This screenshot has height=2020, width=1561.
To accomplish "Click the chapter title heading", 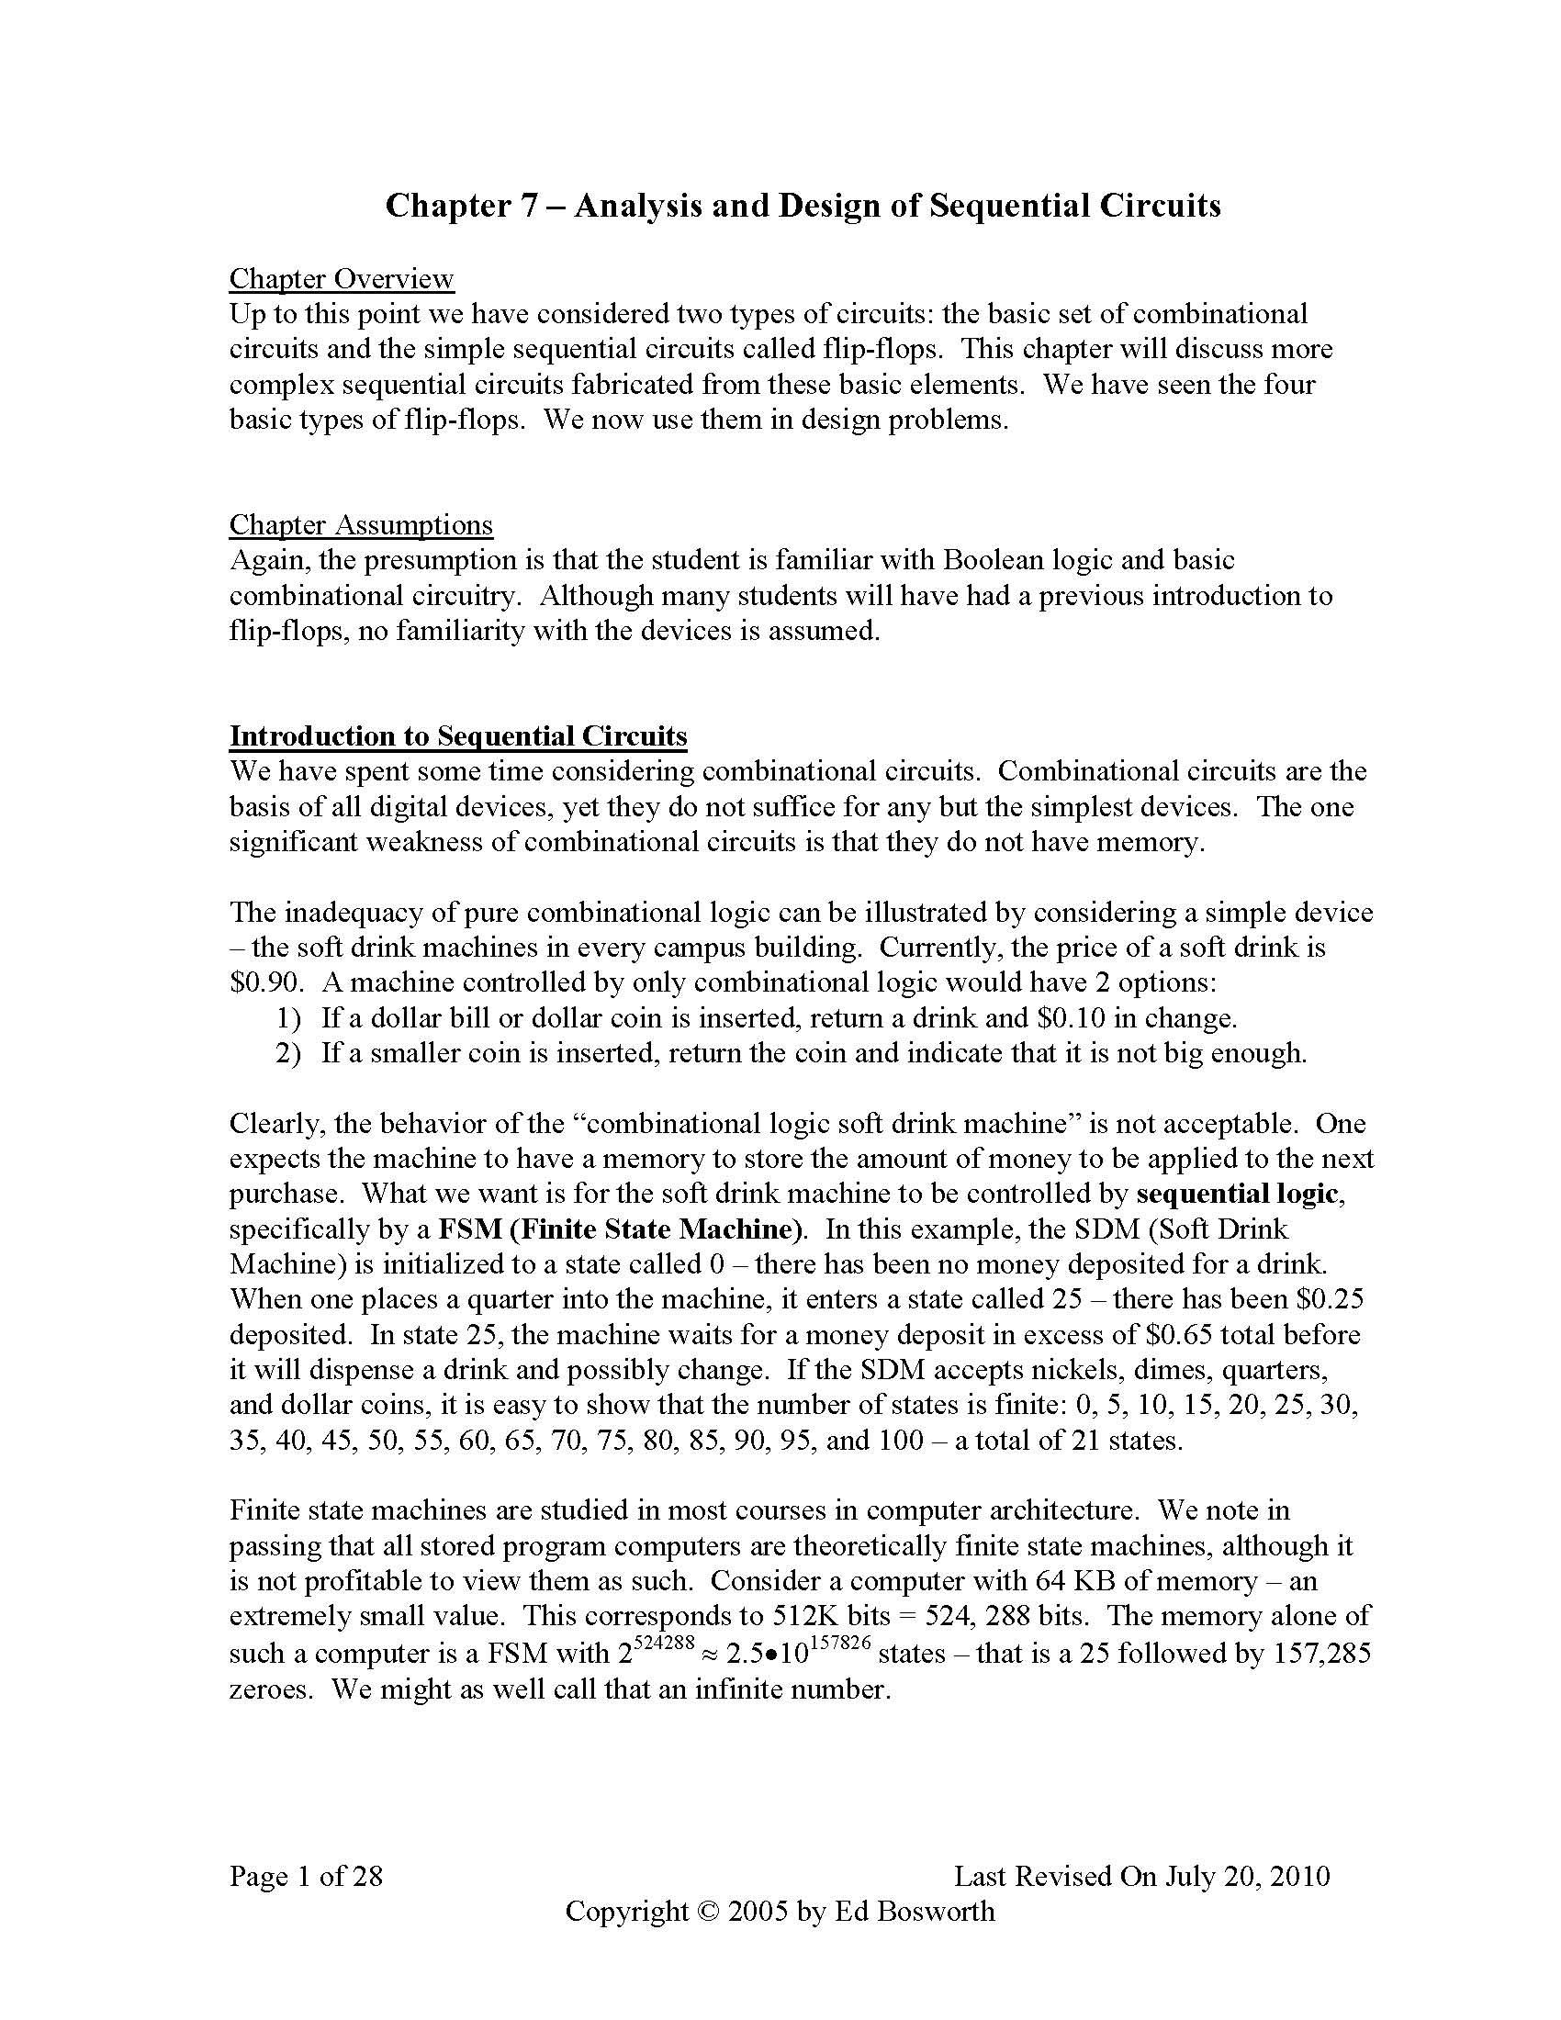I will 803,206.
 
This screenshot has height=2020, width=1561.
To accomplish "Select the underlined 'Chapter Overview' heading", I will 342,278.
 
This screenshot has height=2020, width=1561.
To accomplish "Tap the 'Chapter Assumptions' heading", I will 361,524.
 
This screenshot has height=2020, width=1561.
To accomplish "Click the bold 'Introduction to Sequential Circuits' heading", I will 458,735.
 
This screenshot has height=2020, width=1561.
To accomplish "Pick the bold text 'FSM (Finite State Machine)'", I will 619,1229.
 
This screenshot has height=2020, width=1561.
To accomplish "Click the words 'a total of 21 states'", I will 1068,1441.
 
